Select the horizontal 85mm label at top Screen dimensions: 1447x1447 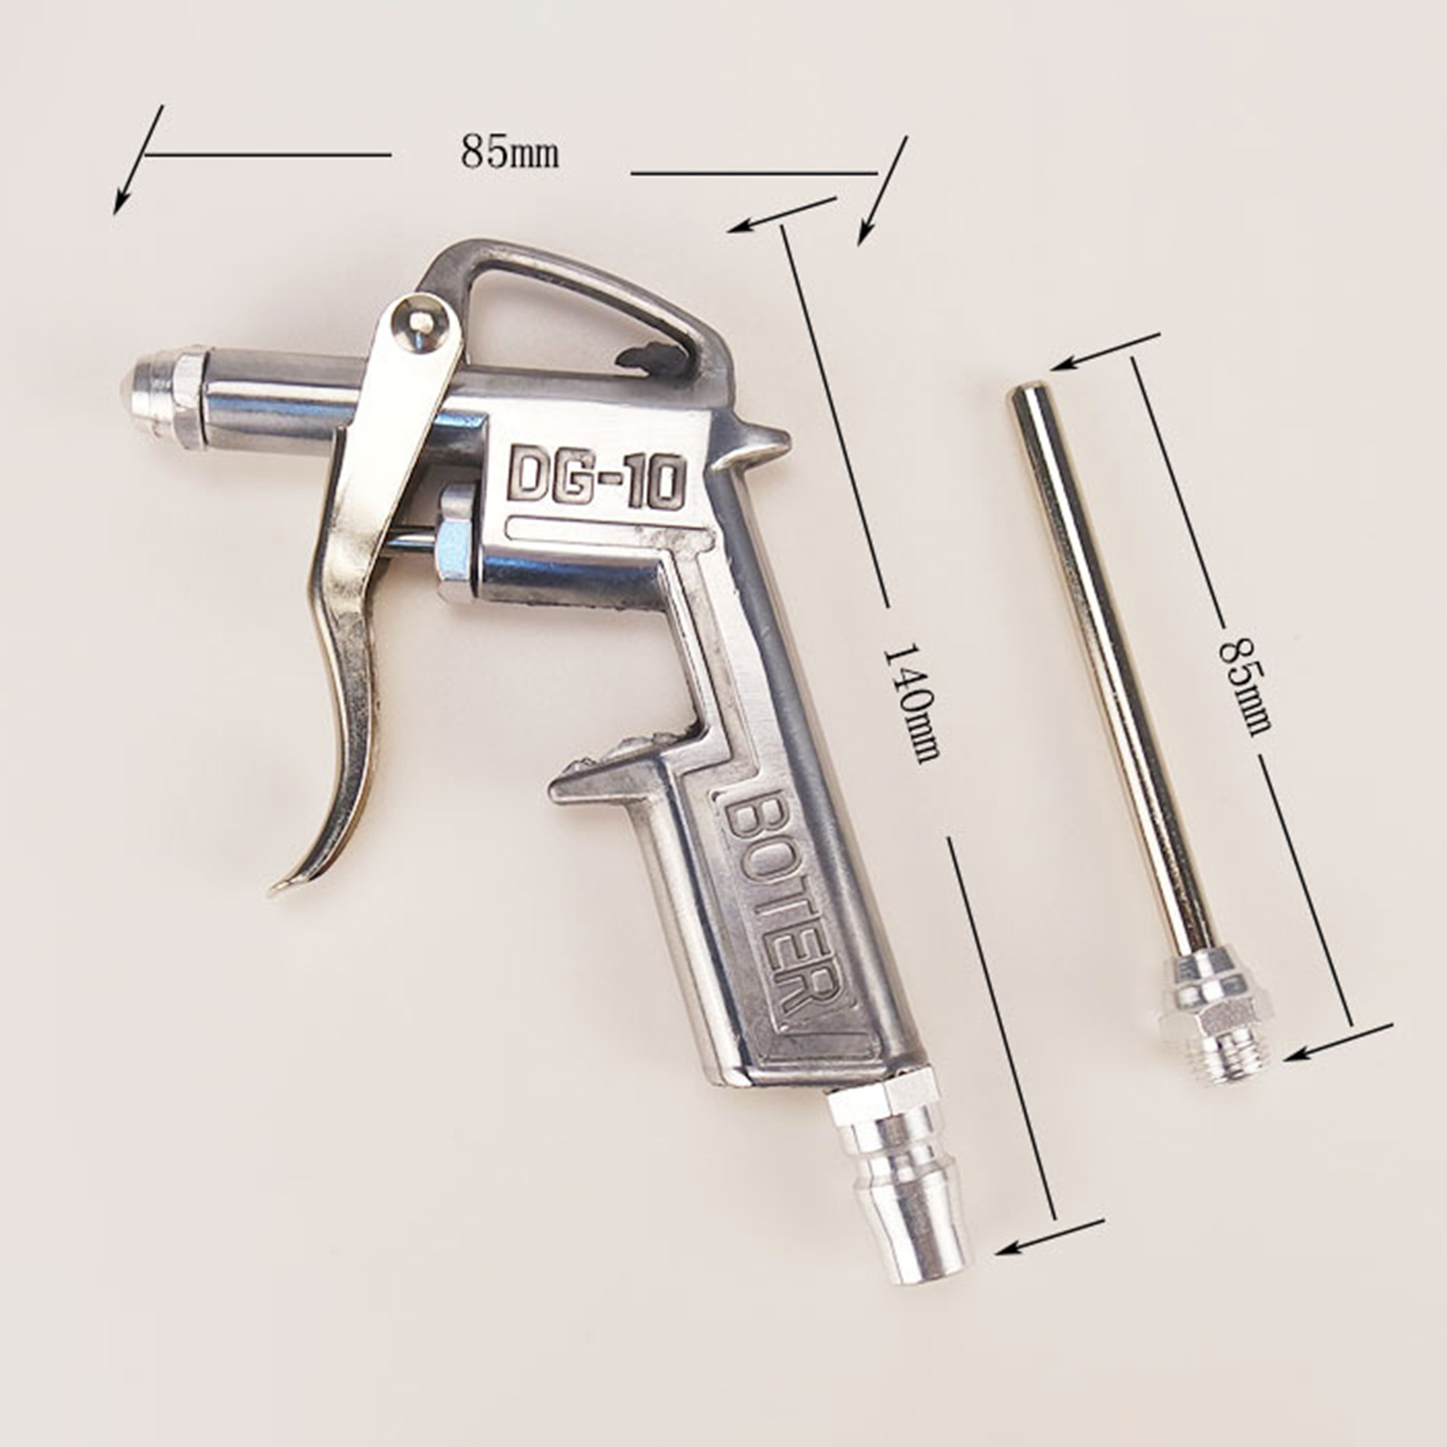pyautogui.click(x=509, y=151)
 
